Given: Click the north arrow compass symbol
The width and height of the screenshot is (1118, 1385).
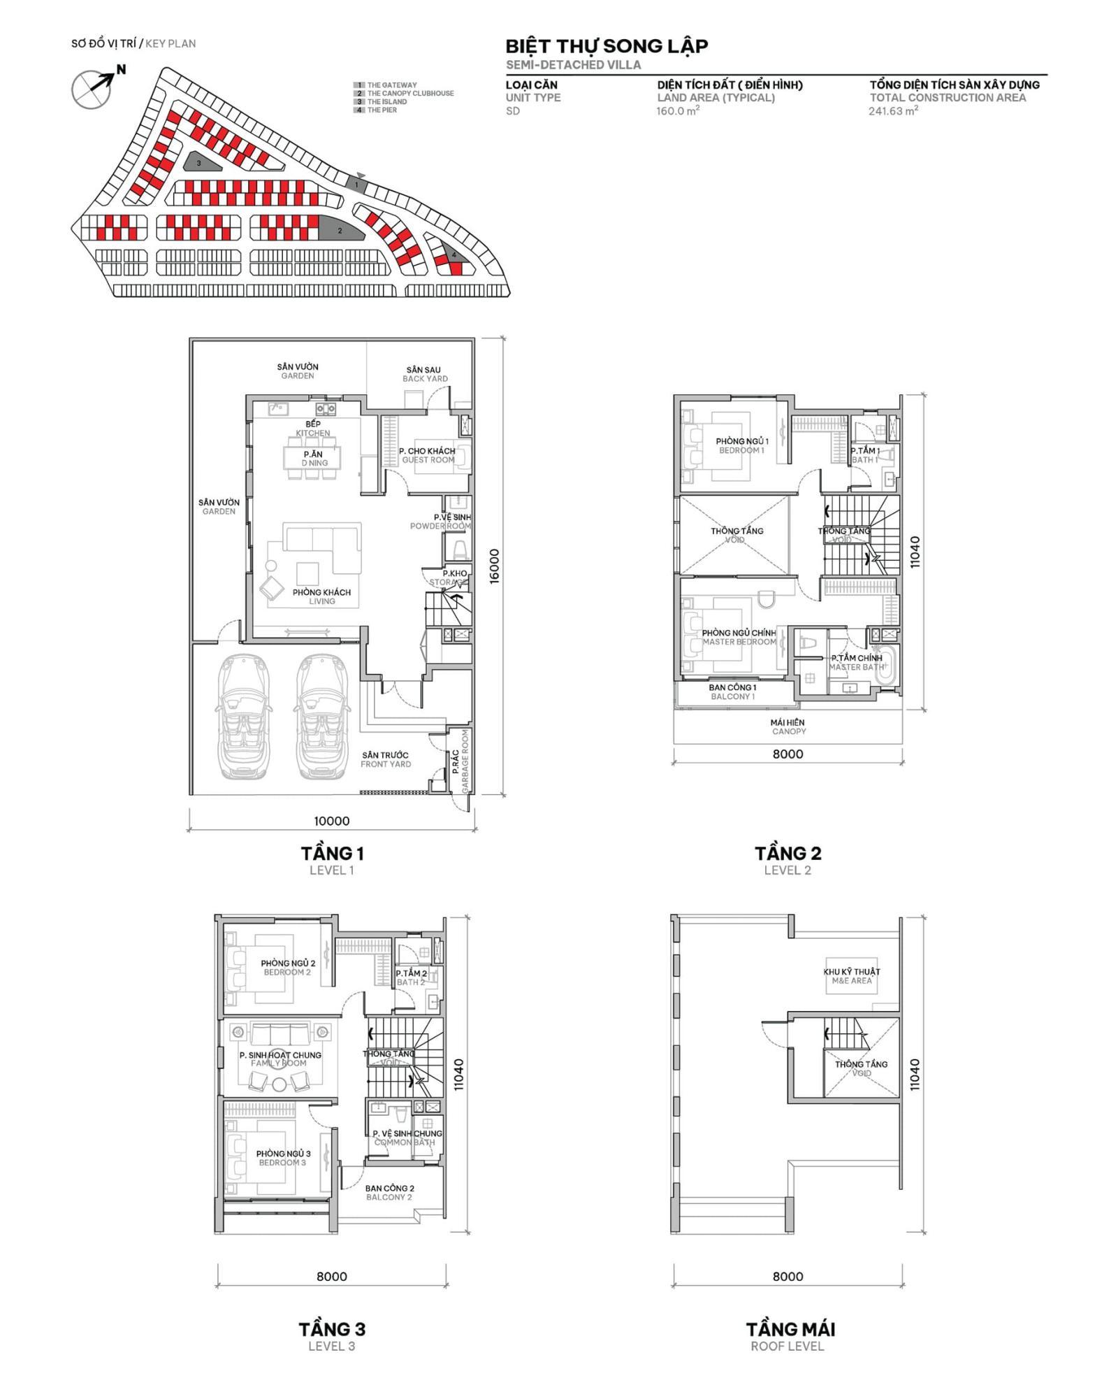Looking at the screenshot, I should coord(92,89).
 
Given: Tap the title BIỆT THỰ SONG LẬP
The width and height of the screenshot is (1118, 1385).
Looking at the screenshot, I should coord(607,46).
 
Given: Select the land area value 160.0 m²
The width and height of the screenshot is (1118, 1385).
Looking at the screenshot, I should coord(677,111).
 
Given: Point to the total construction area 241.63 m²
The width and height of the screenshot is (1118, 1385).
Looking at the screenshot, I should coord(892,111).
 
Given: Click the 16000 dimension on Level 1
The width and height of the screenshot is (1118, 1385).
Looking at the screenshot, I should coord(494,566).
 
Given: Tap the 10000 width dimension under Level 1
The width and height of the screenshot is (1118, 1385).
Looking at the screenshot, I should coord(331,821).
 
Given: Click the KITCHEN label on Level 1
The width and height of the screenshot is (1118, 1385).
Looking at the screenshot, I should coord(313,433).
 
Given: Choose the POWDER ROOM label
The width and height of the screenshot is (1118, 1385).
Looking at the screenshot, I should coord(440,526).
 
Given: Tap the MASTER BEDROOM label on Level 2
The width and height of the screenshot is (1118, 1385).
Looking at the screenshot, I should coord(739,642).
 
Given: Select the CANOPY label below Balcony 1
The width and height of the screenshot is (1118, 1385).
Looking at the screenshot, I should coord(788,731).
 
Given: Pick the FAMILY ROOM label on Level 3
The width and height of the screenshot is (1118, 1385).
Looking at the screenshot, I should coord(279,1063).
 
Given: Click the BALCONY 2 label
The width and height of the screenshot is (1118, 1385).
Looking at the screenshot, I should coord(389,1197).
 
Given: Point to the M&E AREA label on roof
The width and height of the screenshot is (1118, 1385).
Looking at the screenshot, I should coord(852,981).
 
